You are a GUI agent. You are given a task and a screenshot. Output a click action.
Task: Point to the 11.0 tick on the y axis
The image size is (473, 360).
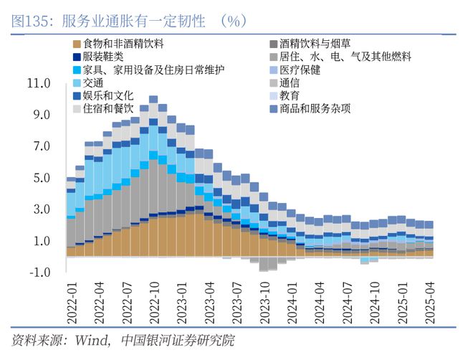click(38, 83)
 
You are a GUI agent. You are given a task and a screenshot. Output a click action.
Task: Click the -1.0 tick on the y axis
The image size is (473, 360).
click(38, 273)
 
